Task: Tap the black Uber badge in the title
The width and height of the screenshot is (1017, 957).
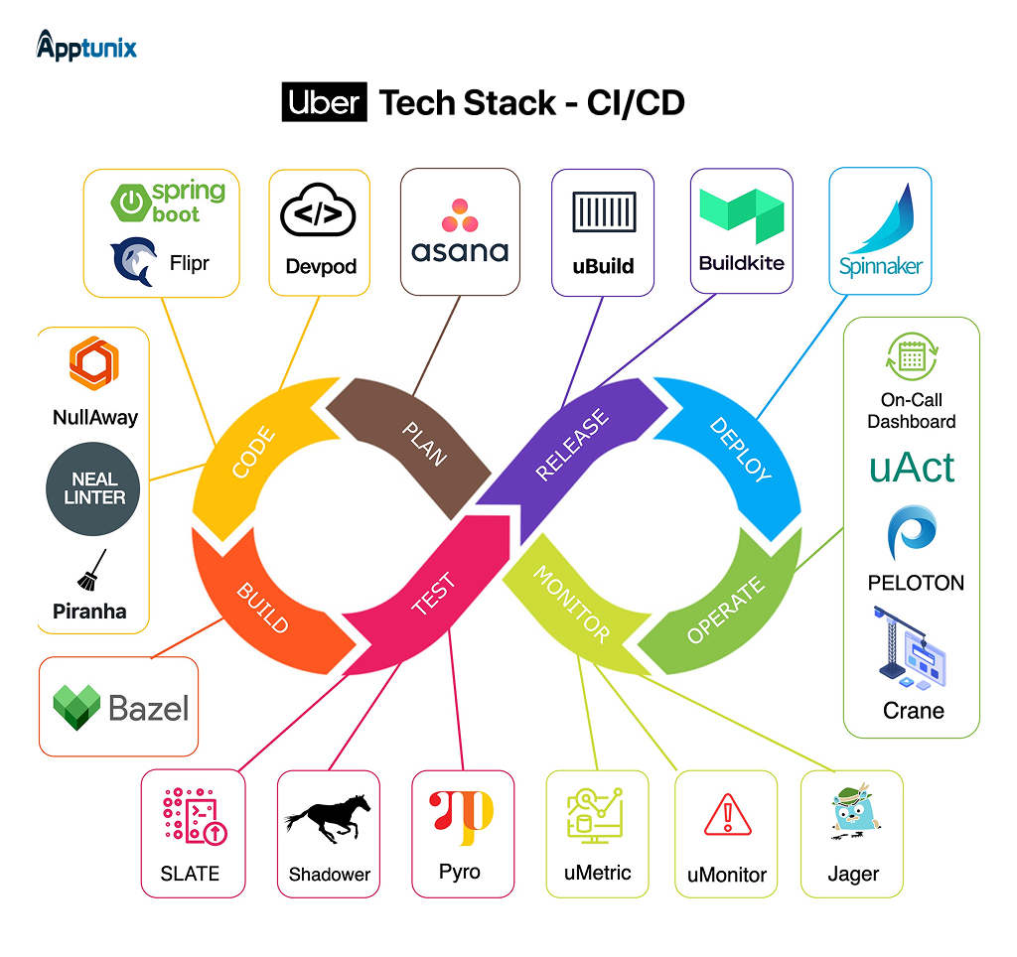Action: pos(325,103)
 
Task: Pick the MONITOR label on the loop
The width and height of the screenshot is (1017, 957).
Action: pos(571,604)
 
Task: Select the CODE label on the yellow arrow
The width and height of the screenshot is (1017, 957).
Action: pos(253,452)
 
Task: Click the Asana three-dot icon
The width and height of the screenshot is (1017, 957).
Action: pos(460,214)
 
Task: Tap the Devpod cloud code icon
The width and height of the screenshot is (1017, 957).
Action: pos(318,213)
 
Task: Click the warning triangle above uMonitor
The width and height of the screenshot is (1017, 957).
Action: pos(727,816)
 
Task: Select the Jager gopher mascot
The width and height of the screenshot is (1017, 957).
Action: pos(852,817)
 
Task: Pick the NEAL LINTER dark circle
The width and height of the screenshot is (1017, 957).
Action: pos(94,488)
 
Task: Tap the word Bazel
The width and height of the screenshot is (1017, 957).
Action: pos(148,708)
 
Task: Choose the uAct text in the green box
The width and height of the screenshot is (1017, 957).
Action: pos(912,468)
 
